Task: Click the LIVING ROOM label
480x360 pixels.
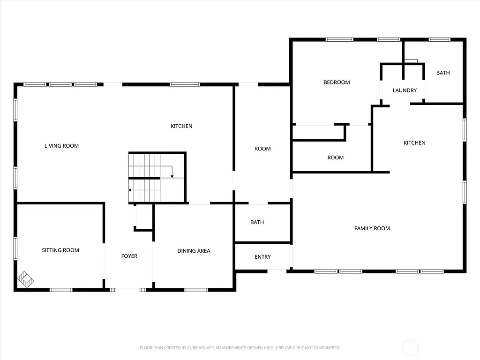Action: [x=61, y=146]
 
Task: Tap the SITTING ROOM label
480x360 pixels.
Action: [x=60, y=250]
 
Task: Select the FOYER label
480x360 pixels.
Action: [x=129, y=256]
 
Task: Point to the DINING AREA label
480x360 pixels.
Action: [x=194, y=251]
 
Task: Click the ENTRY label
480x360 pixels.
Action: [x=262, y=257]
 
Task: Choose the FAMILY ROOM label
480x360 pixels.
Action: [x=372, y=228]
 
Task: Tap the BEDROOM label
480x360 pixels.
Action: [x=337, y=82]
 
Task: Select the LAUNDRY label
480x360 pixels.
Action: [x=405, y=90]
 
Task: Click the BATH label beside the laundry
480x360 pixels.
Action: [x=443, y=73]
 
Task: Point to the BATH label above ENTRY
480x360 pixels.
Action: [x=257, y=222]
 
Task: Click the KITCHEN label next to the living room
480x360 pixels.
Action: [x=181, y=126]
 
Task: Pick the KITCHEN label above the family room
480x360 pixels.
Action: [x=414, y=142]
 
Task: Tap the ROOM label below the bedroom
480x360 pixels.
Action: [x=335, y=157]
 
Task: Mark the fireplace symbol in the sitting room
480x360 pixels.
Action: [x=26, y=279]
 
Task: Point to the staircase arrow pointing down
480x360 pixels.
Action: [x=172, y=176]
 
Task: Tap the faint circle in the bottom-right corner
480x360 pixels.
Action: [x=410, y=348]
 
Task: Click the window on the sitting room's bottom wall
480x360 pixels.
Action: [x=61, y=290]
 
